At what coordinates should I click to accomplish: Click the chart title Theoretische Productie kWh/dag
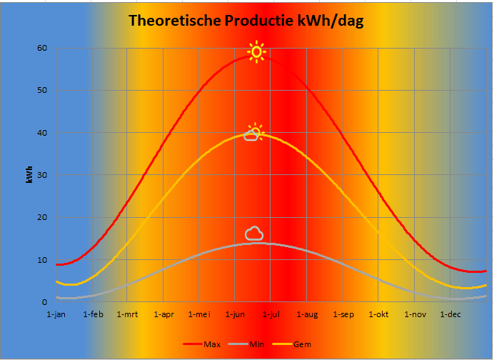[246, 21]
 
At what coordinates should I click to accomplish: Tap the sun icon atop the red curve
[256, 51]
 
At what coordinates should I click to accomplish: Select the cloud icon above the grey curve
[254, 233]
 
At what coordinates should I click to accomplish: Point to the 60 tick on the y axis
[41, 48]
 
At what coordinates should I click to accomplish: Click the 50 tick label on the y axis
[41, 91]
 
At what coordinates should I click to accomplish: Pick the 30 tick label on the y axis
[41, 175]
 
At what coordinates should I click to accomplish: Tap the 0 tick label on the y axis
[44, 302]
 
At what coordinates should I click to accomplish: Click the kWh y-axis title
[29, 175]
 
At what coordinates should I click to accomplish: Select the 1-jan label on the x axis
[56, 314]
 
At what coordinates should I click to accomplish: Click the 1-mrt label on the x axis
[128, 314]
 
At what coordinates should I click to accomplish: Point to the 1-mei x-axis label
[199, 314]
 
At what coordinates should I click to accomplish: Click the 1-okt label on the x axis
[379, 314]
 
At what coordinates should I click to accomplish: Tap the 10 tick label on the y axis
[41, 260]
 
